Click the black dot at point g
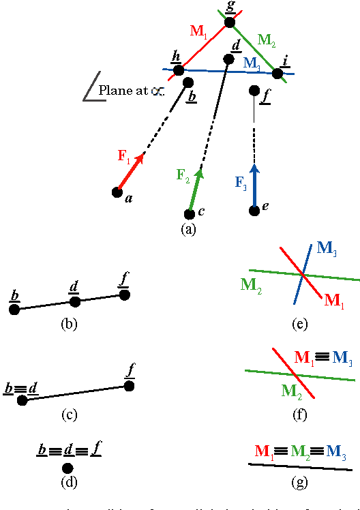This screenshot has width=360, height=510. tap(230, 23)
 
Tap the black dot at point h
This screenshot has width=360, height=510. tap(179, 70)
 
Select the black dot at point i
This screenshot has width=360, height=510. tap(277, 73)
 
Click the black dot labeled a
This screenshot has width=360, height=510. tap(117, 192)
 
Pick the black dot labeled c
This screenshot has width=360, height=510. tap(190, 214)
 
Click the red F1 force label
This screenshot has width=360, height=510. tap(124, 157)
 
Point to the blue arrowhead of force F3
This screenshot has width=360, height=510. tap(254, 168)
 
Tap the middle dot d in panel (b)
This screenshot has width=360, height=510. tap(75, 301)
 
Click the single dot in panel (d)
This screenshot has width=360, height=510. tap(67, 468)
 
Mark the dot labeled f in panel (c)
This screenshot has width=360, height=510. tap(129, 386)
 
